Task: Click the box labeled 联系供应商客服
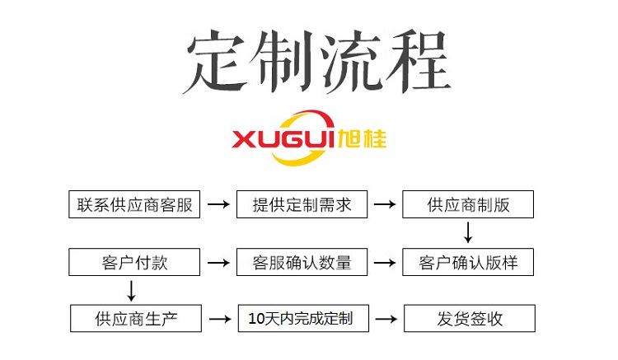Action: [x=134, y=204]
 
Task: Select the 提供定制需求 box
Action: [x=302, y=204]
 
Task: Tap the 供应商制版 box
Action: [x=468, y=204]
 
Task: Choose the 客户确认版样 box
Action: [x=468, y=262]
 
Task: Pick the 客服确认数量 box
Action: [x=302, y=262]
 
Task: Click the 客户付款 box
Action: [x=134, y=262]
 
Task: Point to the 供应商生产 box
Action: [x=136, y=318]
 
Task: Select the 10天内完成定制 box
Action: [x=303, y=318]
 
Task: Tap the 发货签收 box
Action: [x=470, y=318]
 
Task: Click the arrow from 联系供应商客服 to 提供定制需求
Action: [x=218, y=204]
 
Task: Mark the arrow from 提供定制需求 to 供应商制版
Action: [x=385, y=204]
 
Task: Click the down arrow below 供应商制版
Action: [x=468, y=232]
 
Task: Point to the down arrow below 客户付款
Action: [x=131, y=291]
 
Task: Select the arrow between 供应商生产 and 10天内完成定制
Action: [x=220, y=319]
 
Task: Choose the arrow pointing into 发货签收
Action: [x=386, y=319]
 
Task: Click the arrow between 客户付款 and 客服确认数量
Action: [x=218, y=262]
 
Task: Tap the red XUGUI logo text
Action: [x=283, y=139]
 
